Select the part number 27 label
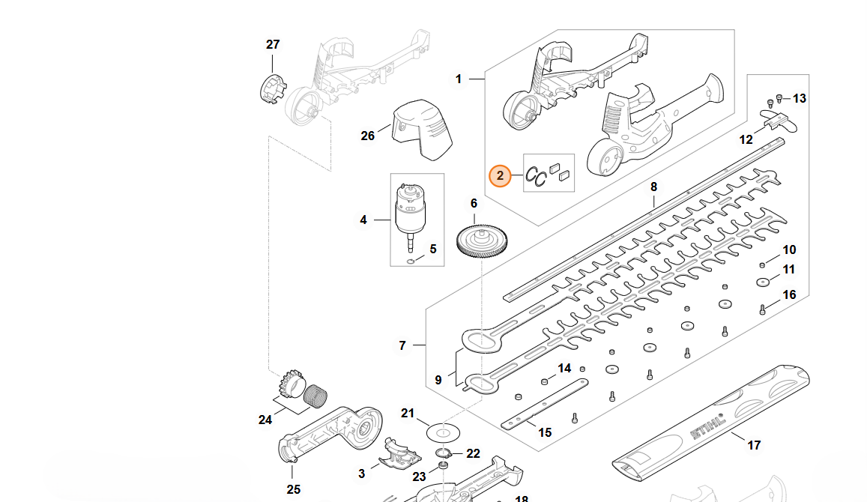click(273, 45)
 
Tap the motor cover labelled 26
click(425, 128)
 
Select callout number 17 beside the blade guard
click(754, 445)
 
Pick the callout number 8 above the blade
click(653, 187)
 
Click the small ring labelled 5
click(410, 261)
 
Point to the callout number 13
click(800, 98)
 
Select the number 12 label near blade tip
click(746, 139)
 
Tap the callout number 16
click(789, 294)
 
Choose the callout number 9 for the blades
click(438, 380)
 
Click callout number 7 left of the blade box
click(402, 345)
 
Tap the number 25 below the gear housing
click(294, 489)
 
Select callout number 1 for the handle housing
click(459, 79)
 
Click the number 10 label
click(789, 250)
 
